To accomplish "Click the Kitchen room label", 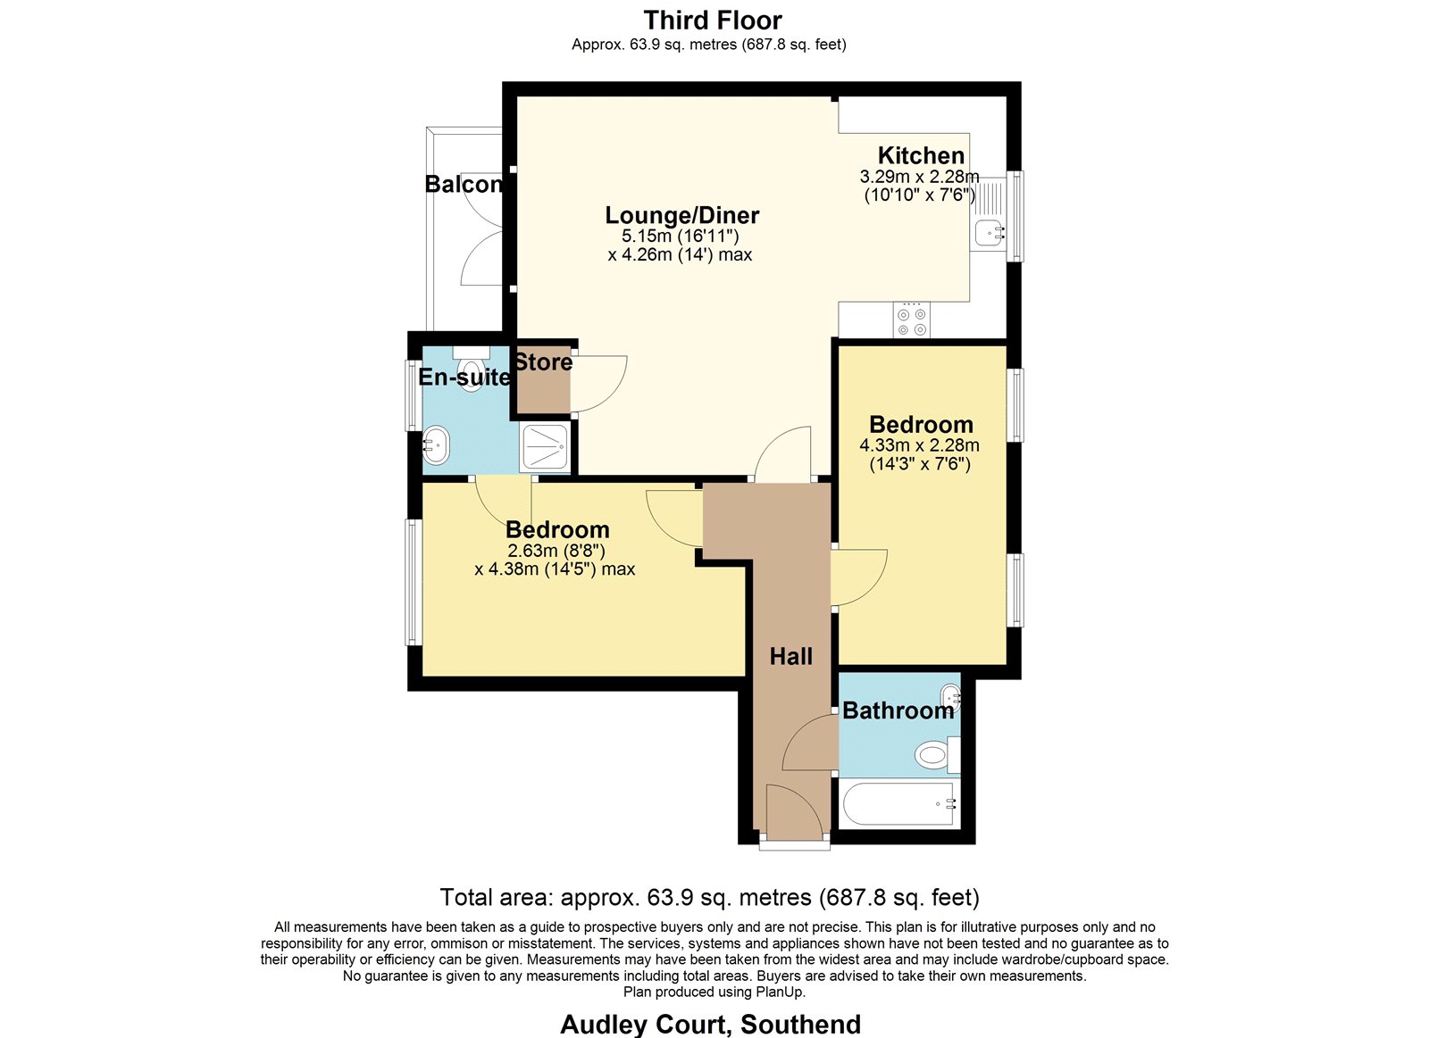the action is coord(921,155).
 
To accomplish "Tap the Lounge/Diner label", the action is coord(682,215).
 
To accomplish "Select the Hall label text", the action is coord(790,656).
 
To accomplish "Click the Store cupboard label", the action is coord(544,362).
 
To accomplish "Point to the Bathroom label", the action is coord(898,710).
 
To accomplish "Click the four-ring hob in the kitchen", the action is coord(911,320).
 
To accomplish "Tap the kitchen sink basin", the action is coord(990,233).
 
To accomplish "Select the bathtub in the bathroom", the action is coord(898,804).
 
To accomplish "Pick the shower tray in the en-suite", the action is coord(544,445).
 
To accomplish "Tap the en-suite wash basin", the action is coord(437,445).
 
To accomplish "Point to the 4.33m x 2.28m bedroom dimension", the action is coord(919,445).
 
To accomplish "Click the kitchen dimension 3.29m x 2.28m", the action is coord(919,176).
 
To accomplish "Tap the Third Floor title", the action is coord(713,21).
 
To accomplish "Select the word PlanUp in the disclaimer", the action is coord(781,992).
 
